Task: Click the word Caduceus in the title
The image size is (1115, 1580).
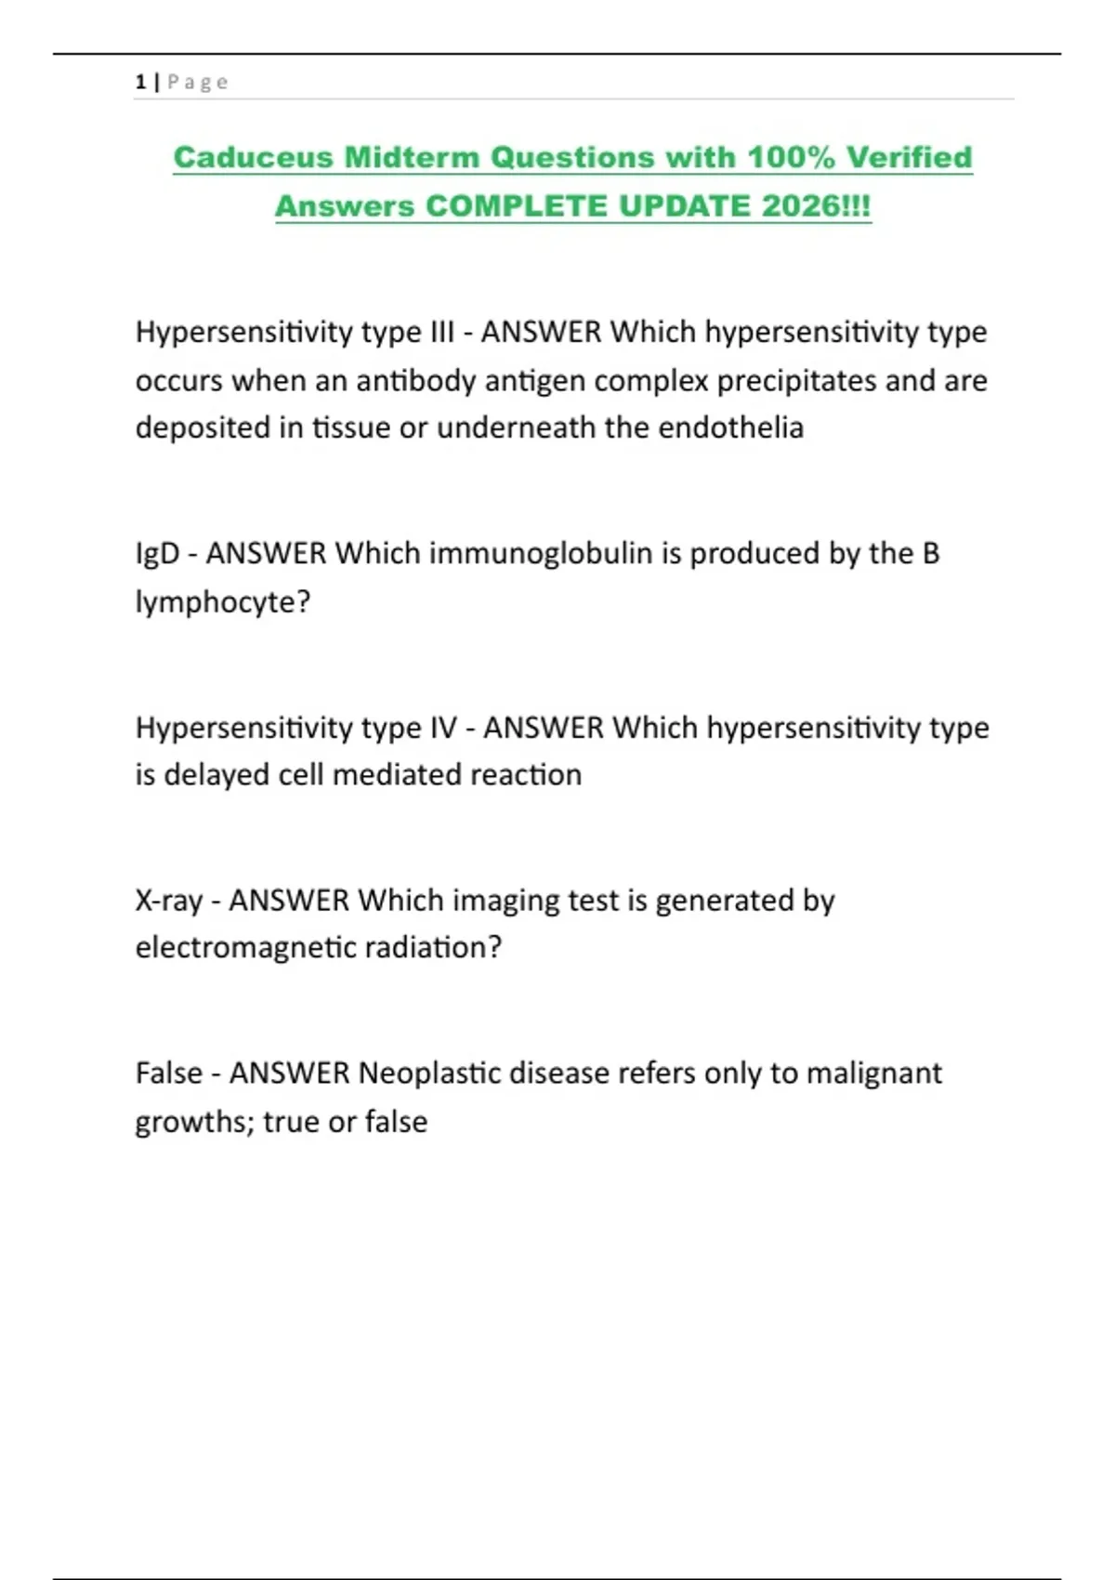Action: [x=253, y=157]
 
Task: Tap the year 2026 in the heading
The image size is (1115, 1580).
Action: [x=800, y=205]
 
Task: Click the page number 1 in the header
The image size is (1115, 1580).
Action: [x=140, y=82]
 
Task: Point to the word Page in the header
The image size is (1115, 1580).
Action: [x=198, y=82]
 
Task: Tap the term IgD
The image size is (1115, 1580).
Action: [x=157, y=554]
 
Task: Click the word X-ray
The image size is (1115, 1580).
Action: [x=168, y=900]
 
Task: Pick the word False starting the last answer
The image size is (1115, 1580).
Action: [x=168, y=1073]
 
